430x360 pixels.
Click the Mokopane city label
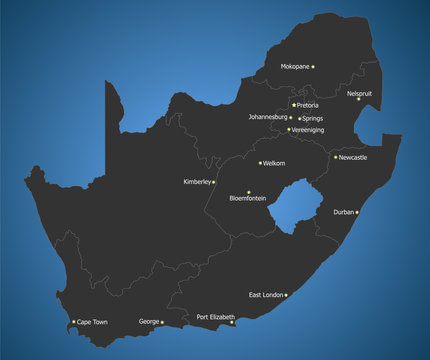[x=294, y=66]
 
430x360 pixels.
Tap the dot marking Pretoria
[x=294, y=105]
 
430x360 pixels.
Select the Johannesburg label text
[x=268, y=117]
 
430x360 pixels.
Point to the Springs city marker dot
[x=299, y=118]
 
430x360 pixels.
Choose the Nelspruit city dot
[x=359, y=99]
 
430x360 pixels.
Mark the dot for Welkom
[x=260, y=163]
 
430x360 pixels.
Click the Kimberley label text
[x=197, y=182]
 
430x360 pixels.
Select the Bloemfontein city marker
[x=249, y=191]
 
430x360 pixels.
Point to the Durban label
[x=343, y=212]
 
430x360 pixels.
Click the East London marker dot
[x=287, y=295]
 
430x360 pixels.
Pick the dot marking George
[x=162, y=322]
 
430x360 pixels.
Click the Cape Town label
[x=92, y=322]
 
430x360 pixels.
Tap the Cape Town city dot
[x=73, y=322]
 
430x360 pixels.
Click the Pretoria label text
[x=308, y=105]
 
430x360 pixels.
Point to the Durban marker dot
[x=357, y=212]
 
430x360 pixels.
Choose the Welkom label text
[x=274, y=163]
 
